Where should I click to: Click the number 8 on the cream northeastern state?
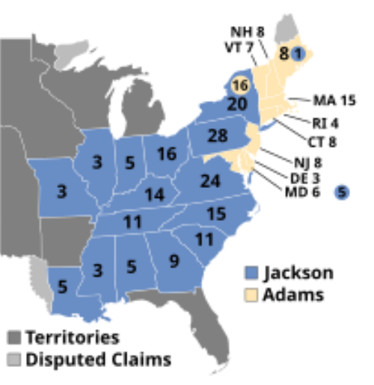click(x=283, y=54)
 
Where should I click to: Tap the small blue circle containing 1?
click(x=298, y=53)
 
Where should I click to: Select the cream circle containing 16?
click(x=240, y=85)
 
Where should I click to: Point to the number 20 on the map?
click(x=237, y=104)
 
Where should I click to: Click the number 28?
click(x=217, y=136)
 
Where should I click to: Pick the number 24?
click(x=210, y=181)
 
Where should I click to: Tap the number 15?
click(x=216, y=214)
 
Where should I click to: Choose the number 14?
click(x=155, y=195)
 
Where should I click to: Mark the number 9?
click(x=174, y=261)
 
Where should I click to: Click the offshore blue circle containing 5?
click(x=342, y=192)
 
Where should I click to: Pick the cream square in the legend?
click(x=251, y=294)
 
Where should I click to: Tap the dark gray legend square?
click(x=15, y=337)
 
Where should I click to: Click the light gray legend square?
click(x=15, y=359)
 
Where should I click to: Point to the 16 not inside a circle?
click(x=167, y=154)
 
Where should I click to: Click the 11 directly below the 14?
click(x=132, y=222)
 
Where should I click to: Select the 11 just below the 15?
click(x=204, y=240)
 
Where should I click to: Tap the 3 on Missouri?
click(x=61, y=192)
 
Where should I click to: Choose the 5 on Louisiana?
click(x=61, y=285)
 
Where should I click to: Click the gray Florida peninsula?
click(x=204, y=337)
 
